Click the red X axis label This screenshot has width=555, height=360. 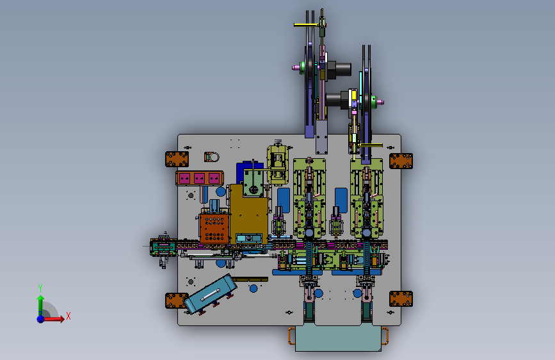click(x=68, y=316)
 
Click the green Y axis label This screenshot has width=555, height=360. click(x=40, y=288)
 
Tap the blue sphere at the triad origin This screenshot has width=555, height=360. click(x=41, y=319)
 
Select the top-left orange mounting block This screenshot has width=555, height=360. click(x=177, y=159)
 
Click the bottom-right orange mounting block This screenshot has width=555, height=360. click(x=401, y=299)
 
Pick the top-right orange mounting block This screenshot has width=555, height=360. click(x=401, y=161)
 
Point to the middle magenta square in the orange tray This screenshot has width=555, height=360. click(x=199, y=178)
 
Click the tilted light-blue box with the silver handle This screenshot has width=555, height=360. click(x=210, y=294)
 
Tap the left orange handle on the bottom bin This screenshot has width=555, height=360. click(x=291, y=336)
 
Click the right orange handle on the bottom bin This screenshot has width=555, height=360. click(x=385, y=336)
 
